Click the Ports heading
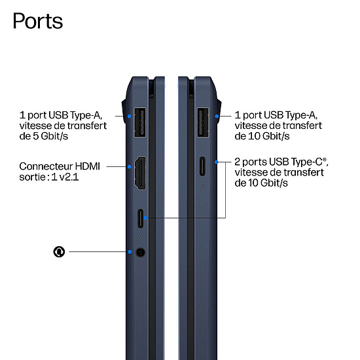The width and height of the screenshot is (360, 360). (x=38, y=21)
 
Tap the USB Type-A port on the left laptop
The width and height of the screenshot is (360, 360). (x=140, y=122)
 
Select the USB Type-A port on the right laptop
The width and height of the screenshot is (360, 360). (x=203, y=122)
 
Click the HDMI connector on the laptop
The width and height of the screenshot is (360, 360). (x=140, y=173)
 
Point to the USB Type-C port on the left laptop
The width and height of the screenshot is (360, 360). (x=140, y=219)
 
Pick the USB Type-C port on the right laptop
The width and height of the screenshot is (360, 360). (x=202, y=166)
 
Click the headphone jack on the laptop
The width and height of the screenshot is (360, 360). (x=140, y=252)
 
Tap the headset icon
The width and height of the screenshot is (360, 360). (x=59, y=252)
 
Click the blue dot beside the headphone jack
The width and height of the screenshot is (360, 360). (x=130, y=252)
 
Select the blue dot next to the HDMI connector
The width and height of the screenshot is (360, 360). (x=130, y=167)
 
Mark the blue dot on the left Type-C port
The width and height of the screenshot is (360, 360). (x=145, y=218)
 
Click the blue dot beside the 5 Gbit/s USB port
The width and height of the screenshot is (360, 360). (x=130, y=116)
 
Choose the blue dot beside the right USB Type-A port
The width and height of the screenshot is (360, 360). (x=217, y=116)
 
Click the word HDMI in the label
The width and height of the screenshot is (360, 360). (x=88, y=166)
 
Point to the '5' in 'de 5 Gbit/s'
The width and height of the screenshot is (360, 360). (x=35, y=136)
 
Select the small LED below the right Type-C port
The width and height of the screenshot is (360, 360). (x=202, y=185)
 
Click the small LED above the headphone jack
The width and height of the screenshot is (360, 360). (x=141, y=238)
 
